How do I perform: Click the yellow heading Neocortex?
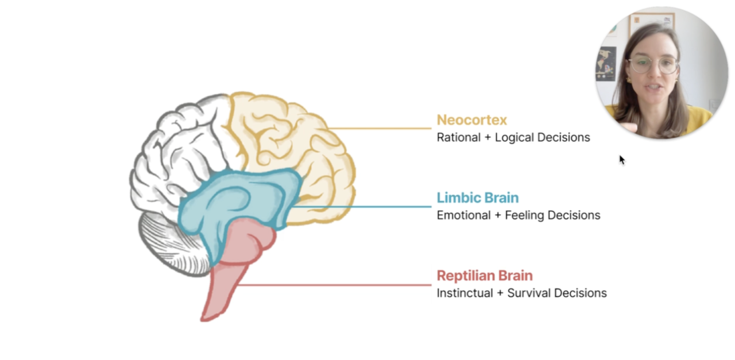coord(471,120)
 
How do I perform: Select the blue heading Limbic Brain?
coord(477,198)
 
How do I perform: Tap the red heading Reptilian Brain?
coord(484,276)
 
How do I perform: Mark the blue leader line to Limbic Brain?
coord(367,206)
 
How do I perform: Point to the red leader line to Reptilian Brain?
coord(339,284)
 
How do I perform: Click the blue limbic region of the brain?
coord(241,198)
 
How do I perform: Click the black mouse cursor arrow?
coord(621,159)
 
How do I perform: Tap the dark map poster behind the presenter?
coord(606,63)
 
